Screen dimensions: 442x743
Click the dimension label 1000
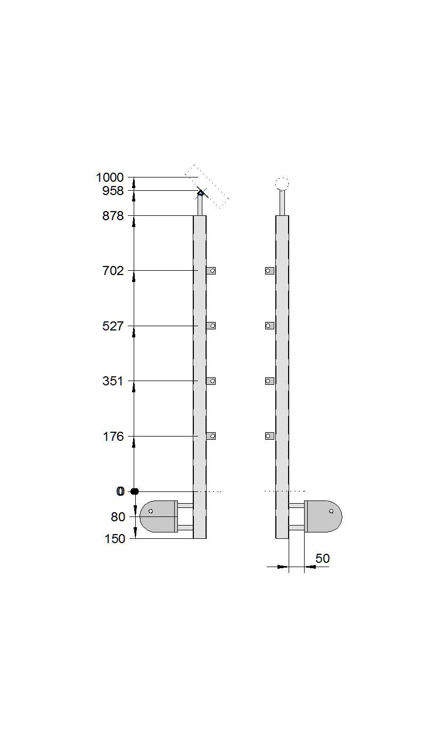[x=110, y=177]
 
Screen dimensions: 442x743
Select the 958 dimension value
[x=113, y=191]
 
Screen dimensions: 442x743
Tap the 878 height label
[x=113, y=216]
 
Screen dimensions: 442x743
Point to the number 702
[x=113, y=271]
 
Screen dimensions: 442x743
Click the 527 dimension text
[x=113, y=326]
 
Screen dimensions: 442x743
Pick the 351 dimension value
[x=113, y=381]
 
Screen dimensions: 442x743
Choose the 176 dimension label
[x=113, y=437]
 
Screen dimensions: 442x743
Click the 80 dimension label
[x=118, y=517]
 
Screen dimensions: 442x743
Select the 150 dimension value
[x=115, y=539]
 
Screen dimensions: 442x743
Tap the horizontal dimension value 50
[x=322, y=558]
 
